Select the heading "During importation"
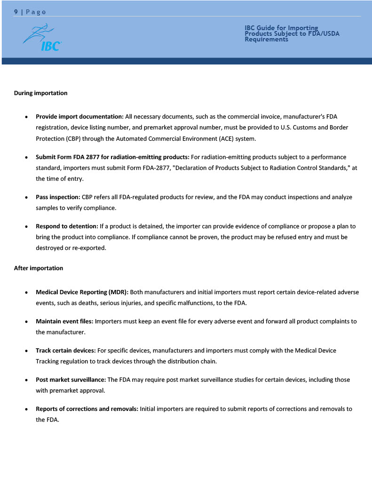pos(40,93)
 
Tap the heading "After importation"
pos(38,268)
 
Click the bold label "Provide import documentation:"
pos(79,116)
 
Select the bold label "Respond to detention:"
pos(67,226)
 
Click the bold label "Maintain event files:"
pos(64,321)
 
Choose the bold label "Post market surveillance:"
pos(71,380)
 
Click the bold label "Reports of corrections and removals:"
pos(87,409)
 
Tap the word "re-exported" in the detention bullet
pos(89,248)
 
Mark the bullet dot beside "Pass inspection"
pos(27,198)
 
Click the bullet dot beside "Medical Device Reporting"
pos(27,293)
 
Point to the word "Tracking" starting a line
pos(47,361)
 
